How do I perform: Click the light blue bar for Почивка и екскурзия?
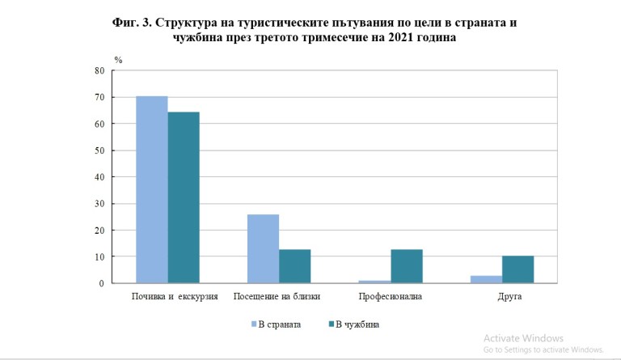coord(151,189)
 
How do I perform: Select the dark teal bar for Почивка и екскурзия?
coord(183,197)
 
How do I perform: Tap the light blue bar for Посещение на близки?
coord(263,248)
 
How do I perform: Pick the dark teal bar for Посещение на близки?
coord(294,266)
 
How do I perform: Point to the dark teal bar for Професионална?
coord(406,266)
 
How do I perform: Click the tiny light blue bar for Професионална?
coord(374,282)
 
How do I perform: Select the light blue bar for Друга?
coord(486,279)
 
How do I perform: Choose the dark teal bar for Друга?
coord(517,269)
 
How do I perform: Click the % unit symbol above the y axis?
coord(118,60)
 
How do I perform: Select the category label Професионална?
coord(390,297)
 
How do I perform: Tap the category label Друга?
coord(509,297)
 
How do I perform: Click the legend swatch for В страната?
coord(253,324)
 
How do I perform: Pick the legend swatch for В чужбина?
coord(332,324)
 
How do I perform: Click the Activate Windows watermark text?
coord(523,338)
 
